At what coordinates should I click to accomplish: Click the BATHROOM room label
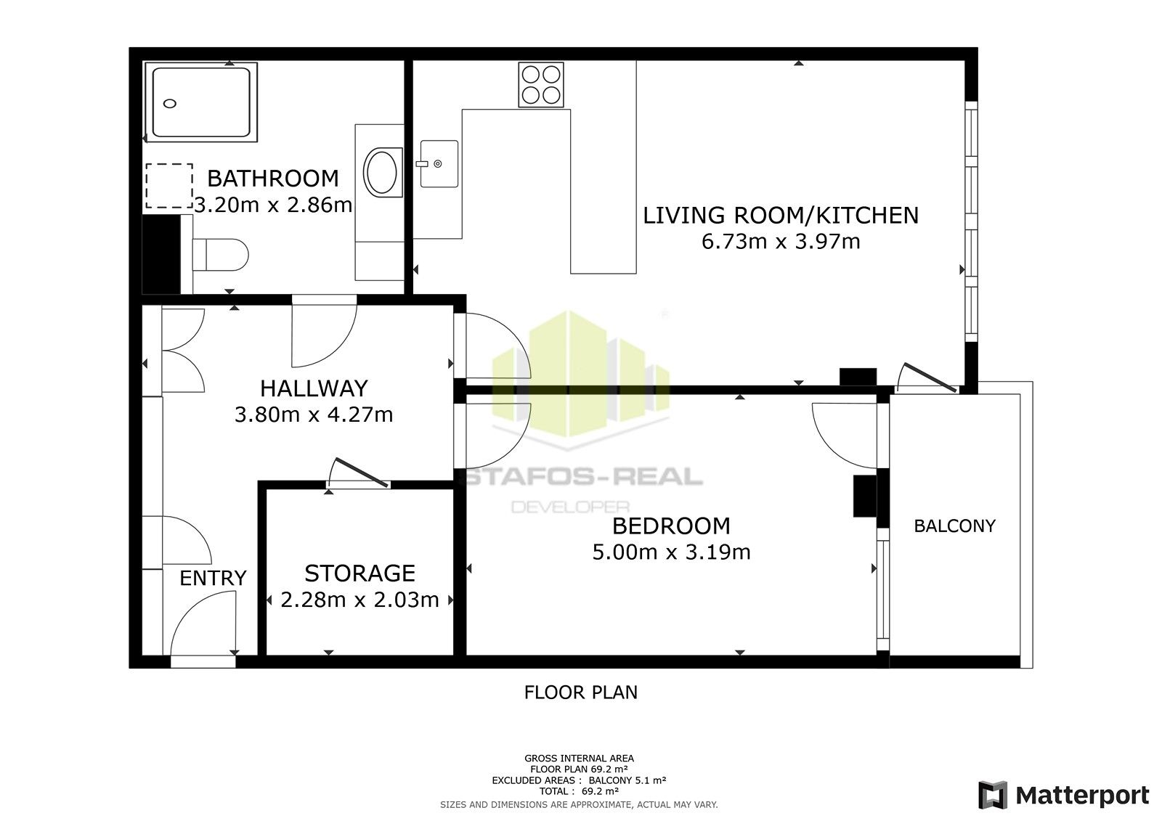point(273,179)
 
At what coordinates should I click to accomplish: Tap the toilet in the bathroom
point(222,255)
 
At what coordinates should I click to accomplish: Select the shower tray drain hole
point(170,104)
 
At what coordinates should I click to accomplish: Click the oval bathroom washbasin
point(381,172)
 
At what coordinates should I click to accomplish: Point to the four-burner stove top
point(541,85)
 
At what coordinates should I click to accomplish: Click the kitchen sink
point(439,164)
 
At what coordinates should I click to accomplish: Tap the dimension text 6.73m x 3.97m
point(781,241)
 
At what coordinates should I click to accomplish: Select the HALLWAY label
point(314,388)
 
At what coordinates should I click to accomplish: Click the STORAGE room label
point(359,573)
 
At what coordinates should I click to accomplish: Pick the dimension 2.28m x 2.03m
point(359,600)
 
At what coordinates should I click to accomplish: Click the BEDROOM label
point(671,526)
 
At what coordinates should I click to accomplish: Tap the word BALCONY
point(954,526)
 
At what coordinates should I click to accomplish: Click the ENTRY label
point(213,579)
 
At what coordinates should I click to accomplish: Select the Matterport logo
point(1063,796)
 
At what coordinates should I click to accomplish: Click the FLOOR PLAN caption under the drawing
point(580,693)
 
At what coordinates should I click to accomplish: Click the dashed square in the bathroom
point(169,186)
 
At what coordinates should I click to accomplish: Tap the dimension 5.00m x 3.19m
point(671,552)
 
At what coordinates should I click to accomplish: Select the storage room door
point(359,473)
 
